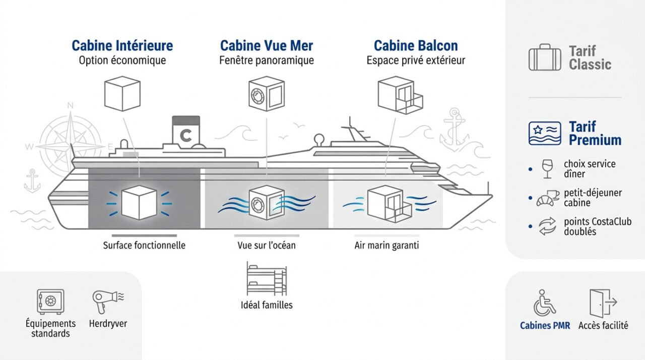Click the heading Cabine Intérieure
122,45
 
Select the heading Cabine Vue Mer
267,45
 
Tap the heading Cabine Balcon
416,45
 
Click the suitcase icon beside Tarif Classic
544,57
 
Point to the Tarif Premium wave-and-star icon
545,133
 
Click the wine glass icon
546,169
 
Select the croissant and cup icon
546,198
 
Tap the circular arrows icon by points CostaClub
546,227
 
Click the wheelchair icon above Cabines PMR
544,303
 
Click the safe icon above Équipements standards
50,302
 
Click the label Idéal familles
267,305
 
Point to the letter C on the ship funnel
186,136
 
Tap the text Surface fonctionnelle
144,246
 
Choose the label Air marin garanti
386,246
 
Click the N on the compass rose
71,105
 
